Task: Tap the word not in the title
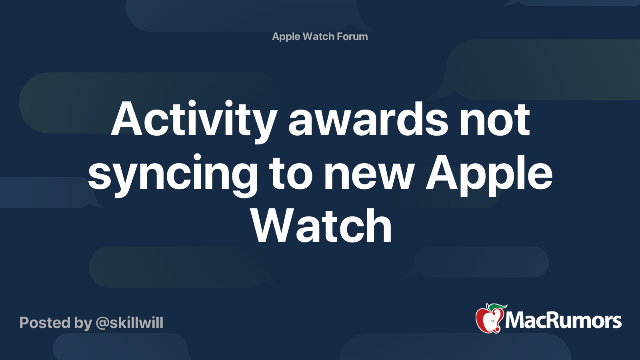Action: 495,120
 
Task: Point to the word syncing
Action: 173,174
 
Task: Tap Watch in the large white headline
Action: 322,226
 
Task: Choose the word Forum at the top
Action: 352,36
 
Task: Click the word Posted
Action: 45,323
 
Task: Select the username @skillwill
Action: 130,323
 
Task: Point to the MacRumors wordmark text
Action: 563,321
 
